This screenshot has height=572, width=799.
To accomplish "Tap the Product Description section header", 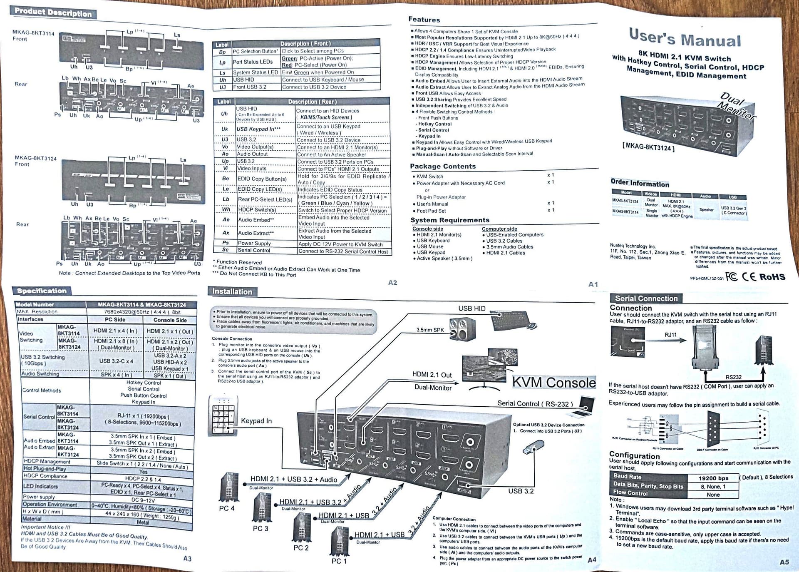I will click(53, 12).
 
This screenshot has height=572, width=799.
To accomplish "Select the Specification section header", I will click(42, 291).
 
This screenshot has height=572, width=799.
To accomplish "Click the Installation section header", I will click(232, 291).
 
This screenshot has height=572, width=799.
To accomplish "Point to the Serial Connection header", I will click(646, 298).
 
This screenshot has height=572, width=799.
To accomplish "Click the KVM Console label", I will click(553, 382).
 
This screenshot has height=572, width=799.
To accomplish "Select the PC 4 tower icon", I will click(228, 487).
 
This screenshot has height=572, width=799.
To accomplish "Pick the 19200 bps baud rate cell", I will click(713, 478).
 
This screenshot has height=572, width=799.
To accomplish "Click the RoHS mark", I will click(772, 277).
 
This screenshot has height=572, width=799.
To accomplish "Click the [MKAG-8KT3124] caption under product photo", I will click(648, 147).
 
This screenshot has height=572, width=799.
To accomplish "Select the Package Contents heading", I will click(442, 166).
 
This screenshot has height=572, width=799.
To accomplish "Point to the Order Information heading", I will click(640, 183).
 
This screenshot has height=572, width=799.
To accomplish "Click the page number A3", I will click(187, 558).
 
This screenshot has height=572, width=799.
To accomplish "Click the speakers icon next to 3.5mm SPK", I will click(462, 329).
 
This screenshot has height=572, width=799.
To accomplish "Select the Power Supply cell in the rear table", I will click(254, 243).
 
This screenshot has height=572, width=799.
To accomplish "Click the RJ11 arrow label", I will click(670, 335).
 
